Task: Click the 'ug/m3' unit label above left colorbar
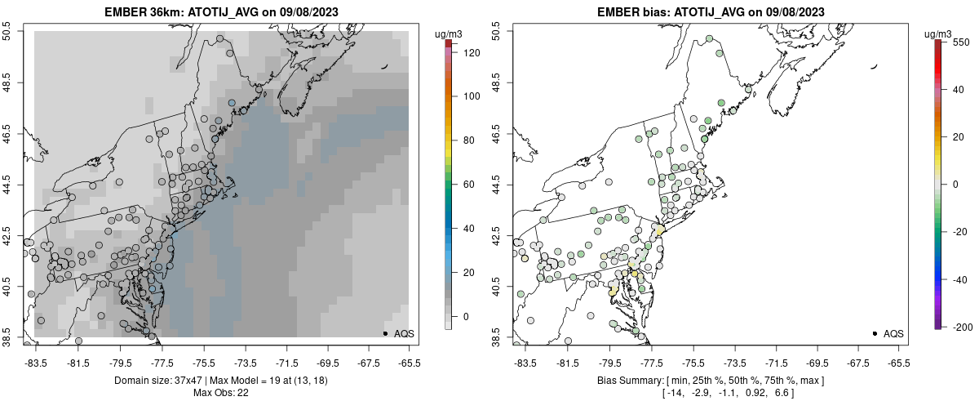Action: coord(450,33)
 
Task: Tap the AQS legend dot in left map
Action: coord(385,334)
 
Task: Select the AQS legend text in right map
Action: coord(894,334)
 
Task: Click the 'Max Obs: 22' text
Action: coord(220,393)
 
